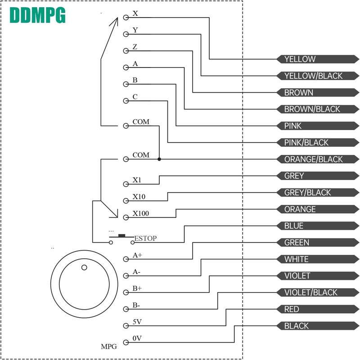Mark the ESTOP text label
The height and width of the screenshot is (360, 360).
click(x=146, y=238)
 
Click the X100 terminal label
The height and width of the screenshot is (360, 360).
click(x=140, y=213)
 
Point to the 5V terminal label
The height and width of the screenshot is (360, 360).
click(x=137, y=322)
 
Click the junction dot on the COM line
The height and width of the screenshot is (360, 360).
click(x=159, y=159)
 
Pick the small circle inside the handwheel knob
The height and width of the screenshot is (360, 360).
click(x=84, y=268)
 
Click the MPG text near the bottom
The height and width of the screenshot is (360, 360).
click(x=108, y=346)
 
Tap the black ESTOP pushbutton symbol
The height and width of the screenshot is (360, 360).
click(x=121, y=235)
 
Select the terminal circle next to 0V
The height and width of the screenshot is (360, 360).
click(x=126, y=342)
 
